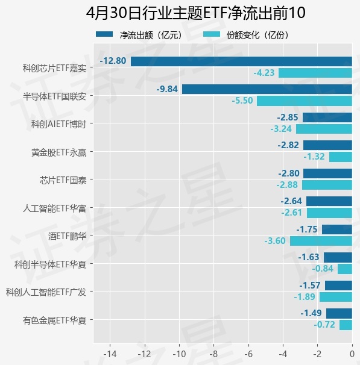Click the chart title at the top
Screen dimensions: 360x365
[196, 13]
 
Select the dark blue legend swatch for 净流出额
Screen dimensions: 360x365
[104, 34]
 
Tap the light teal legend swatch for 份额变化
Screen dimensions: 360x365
[212, 34]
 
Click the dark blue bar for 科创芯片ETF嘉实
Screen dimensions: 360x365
[241, 61]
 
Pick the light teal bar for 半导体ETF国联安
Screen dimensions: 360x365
[305, 101]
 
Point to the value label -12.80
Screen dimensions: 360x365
[113, 61]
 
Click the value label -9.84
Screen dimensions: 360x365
[167, 89]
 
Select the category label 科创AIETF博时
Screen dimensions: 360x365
[58, 124]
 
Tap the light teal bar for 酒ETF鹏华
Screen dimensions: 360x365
[321, 241]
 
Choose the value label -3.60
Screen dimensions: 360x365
[275, 241]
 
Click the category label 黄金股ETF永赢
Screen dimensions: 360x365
[58, 152]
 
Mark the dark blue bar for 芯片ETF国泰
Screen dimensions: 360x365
[327, 173]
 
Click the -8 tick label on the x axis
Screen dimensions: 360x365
[213, 354]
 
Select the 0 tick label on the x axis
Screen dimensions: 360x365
[352, 354]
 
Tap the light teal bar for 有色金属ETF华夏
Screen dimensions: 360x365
[346, 325]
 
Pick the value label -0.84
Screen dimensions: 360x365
[323, 269]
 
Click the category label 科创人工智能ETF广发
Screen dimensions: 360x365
[46, 292]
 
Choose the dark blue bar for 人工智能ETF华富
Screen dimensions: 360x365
[329, 201]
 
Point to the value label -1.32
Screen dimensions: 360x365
[314, 157]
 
